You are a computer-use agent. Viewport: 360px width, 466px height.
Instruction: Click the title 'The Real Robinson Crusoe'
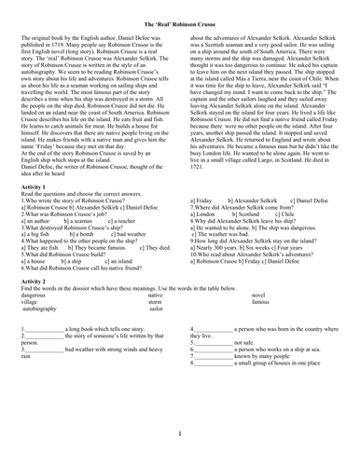coord(179,21)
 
